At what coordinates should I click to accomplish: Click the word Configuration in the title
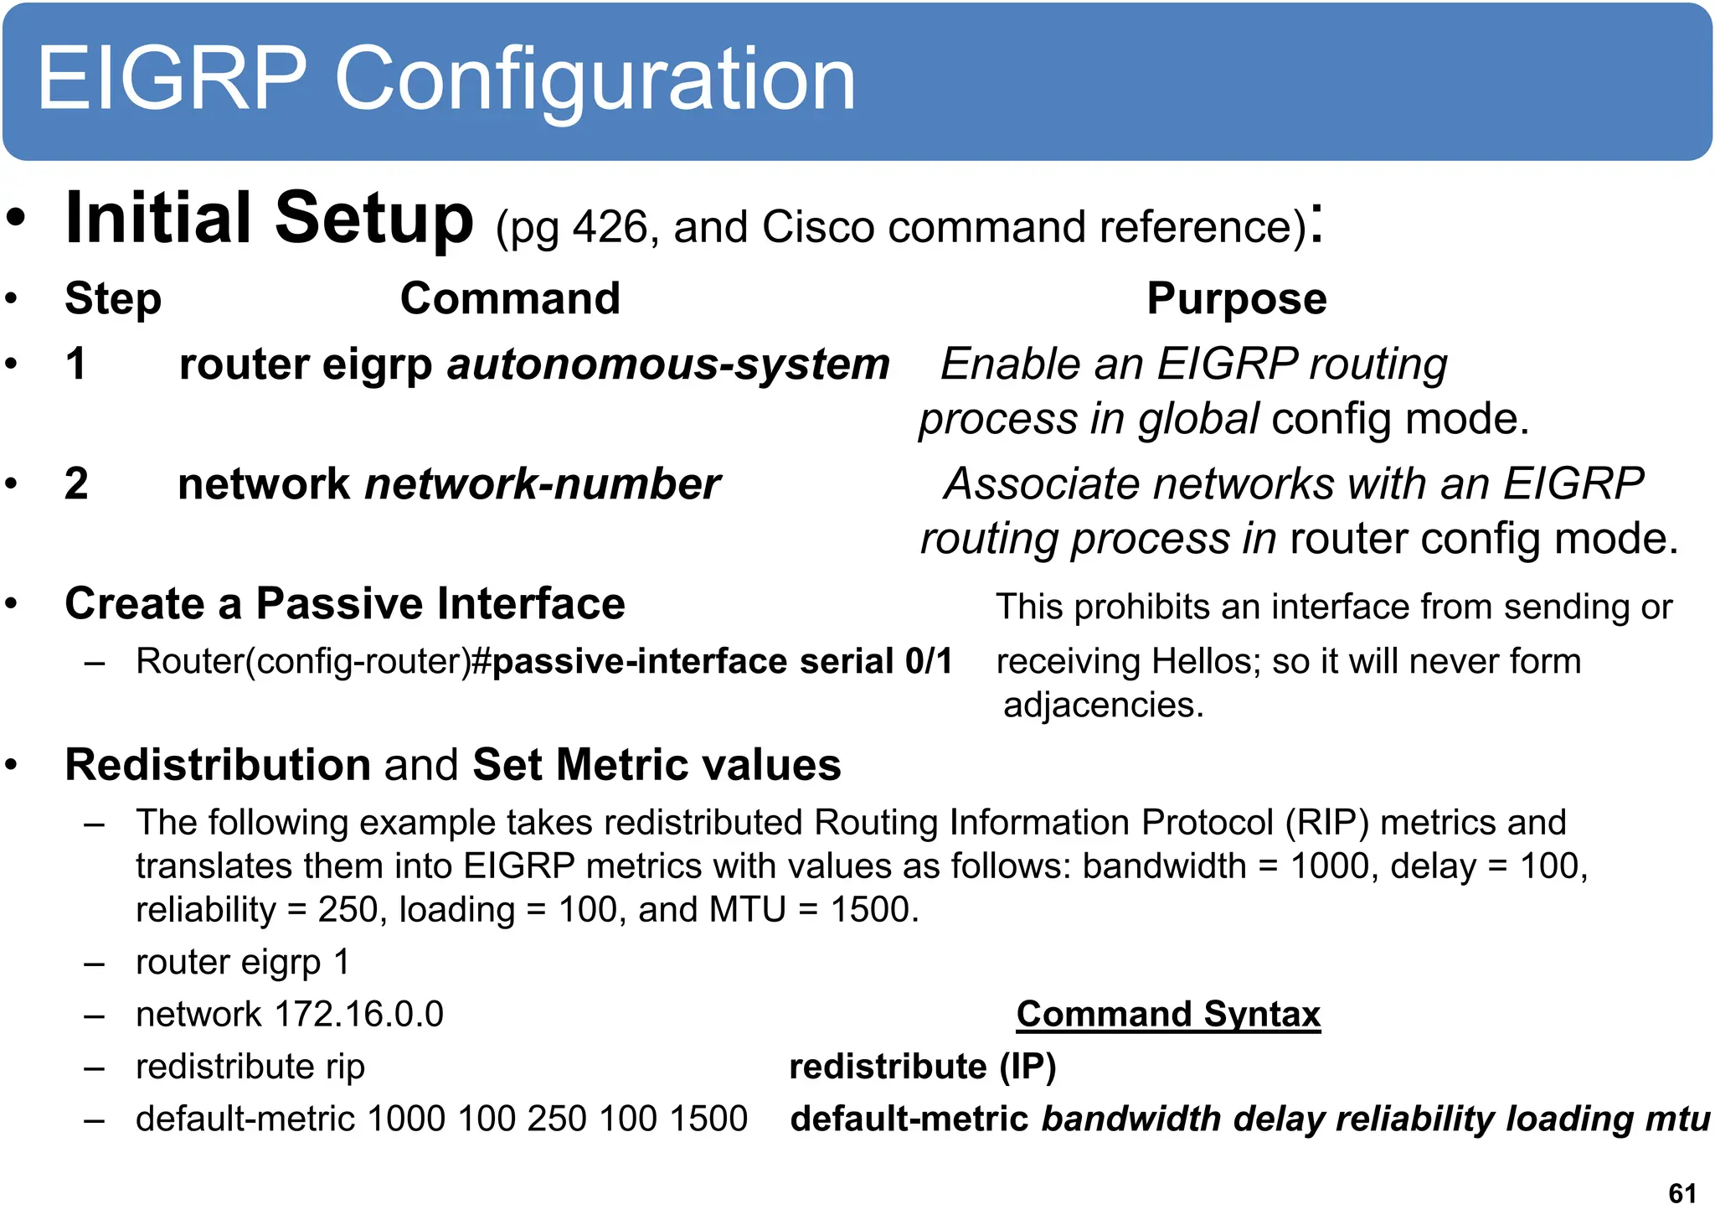[x=595, y=80]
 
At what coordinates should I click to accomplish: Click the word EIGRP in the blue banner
[x=172, y=80]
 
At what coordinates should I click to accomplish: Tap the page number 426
[x=609, y=228]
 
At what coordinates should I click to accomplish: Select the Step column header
[x=113, y=299]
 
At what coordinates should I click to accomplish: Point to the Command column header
[x=510, y=299]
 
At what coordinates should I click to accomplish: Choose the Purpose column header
[x=1236, y=299]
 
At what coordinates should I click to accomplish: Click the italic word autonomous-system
[x=667, y=364]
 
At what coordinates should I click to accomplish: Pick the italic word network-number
[x=542, y=484]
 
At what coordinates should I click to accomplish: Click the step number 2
[x=76, y=484]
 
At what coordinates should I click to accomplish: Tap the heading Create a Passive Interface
[x=344, y=604]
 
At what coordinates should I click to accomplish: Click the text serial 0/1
[x=876, y=662]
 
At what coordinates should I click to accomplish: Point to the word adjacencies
[x=1102, y=706]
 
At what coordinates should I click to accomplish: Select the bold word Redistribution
[x=218, y=765]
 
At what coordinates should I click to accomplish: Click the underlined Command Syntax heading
[x=1168, y=1015]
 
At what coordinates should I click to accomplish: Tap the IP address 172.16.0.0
[x=358, y=1015]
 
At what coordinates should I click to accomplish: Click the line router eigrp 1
[x=242, y=962]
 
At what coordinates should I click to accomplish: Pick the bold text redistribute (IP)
[x=923, y=1067]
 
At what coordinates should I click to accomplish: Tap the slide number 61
[x=1682, y=1193]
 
